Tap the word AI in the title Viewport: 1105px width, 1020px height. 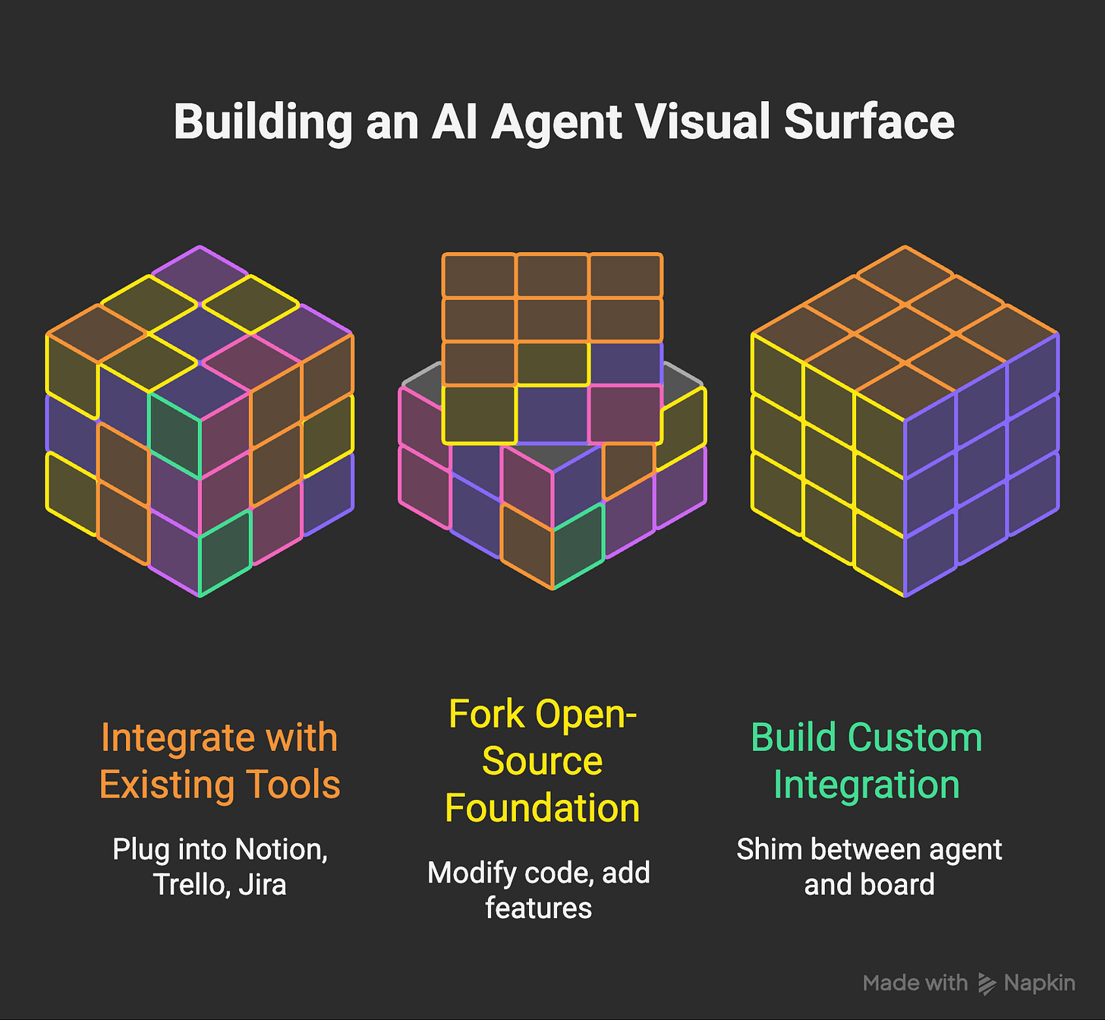click(455, 122)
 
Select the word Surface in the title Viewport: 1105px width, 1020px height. click(869, 122)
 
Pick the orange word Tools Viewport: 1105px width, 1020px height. click(297, 785)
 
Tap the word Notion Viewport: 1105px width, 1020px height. click(281, 849)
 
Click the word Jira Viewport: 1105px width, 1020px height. click(263, 885)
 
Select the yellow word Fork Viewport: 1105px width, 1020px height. click(485, 714)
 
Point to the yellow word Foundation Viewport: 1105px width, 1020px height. click(542, 808)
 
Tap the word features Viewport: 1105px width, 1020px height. click(538, 908)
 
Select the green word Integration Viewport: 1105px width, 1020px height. click(867, 785)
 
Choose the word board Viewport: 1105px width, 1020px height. click(901, 885)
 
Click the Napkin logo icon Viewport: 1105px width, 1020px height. click(987, 984)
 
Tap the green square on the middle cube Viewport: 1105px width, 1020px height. click(578, 544)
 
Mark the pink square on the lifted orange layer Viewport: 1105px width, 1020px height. click(625, 414)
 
